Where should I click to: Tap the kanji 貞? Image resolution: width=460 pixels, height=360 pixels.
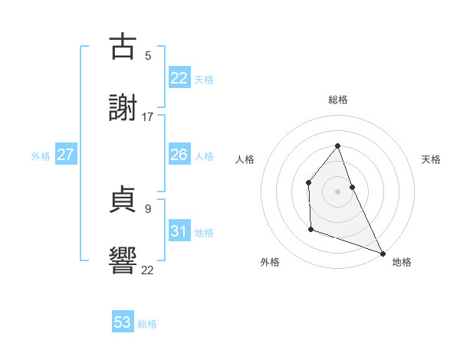coord(123,198)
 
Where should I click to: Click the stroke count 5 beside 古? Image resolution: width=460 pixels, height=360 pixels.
coord(148,55)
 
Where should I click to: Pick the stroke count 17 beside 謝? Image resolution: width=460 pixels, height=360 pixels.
coord(148,116)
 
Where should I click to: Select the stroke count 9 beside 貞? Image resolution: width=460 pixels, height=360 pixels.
coord(148,208)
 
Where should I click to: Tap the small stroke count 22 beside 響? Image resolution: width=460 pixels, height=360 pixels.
coord(148,269)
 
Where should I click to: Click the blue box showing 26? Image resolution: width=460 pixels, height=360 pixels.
coord(179,155)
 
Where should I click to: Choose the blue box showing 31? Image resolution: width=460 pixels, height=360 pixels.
coord(179,231)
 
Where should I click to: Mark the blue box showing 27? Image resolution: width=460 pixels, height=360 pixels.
coord(65,155)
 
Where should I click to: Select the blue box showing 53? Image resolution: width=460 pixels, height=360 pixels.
coord(123,322)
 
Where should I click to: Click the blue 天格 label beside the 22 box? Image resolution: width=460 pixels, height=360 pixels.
coord(204,80)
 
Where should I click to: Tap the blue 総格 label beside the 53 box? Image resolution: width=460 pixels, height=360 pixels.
coord(147,324)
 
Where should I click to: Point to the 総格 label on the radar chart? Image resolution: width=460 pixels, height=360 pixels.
coord(338,100)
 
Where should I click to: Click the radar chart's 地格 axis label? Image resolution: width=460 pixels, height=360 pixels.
coord(402,262)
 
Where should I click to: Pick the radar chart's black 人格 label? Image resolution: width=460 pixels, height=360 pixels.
coord(245,159)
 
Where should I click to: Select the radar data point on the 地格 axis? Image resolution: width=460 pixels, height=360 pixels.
coord(383,253)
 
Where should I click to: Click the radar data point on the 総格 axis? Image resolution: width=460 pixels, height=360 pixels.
coord(338,146)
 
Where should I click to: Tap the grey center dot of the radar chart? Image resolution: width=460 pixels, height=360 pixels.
coord(338,191)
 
